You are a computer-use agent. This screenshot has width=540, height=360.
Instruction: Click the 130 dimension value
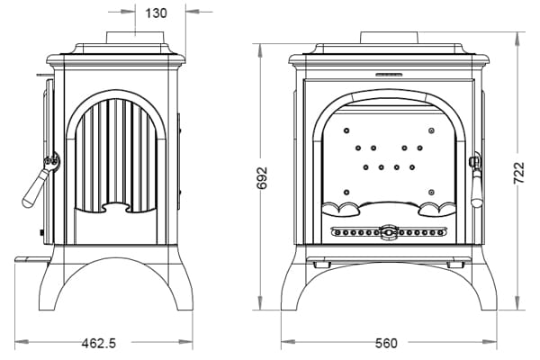(x=155, y=13)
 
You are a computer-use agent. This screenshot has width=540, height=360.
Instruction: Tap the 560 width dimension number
(x=387, y=343)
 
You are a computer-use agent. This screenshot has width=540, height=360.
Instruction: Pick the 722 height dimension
(x=520, y=172)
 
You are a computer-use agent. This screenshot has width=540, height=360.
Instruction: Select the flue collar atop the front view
(x=390, y=38)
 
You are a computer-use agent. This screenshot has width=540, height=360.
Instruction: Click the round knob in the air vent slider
(x=389, y=233)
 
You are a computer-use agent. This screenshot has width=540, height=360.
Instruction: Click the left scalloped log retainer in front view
(x=339, y=211)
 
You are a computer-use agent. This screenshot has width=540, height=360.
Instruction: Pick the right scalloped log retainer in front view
(x=439, y=211)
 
